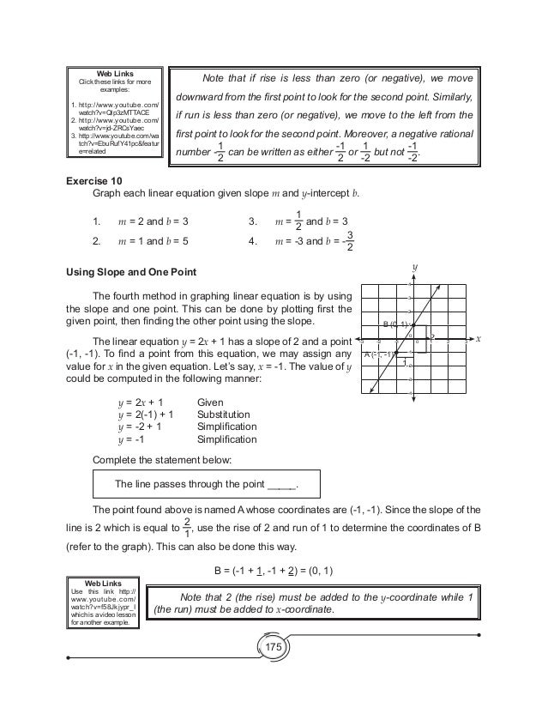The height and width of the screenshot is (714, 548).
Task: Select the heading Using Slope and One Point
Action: click(132, 272)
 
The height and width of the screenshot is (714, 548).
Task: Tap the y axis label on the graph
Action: click(415, 268)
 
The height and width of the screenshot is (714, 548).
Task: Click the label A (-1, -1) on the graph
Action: click(377, 354)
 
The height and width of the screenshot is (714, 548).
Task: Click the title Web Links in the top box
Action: click(114, 72)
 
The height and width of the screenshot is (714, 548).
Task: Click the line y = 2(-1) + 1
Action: click(147, 413)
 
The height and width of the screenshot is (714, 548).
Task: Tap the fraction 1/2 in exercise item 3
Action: click(298, 221)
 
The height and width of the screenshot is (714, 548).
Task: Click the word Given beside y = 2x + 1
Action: click(211, 400)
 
